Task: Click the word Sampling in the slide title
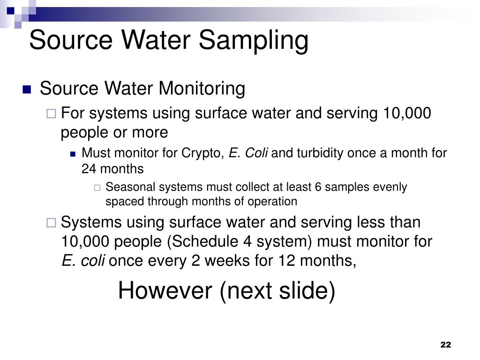(x=254, y=40)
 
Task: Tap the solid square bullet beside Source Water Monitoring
(x=26, y=90)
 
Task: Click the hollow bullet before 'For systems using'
(x=52, y=113)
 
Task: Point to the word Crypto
(x=206, y=153)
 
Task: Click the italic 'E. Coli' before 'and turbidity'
(x=248, y=153)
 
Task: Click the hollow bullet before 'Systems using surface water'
(x=52, y=222)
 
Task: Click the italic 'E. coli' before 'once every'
(x=83, y=261)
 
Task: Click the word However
(x=165, y=291)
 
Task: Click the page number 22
(x=445, y=345)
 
